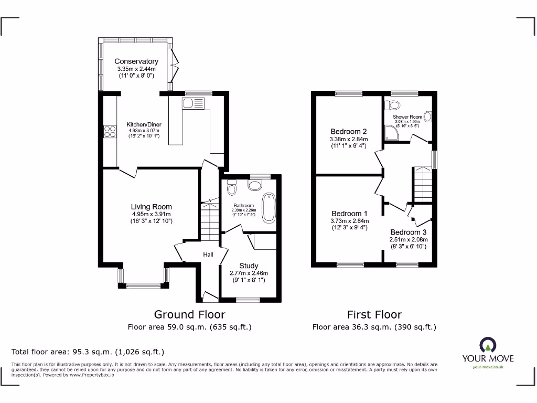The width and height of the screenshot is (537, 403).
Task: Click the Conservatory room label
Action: point(136,61)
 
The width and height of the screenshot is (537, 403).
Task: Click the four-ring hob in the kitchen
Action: point(110,131)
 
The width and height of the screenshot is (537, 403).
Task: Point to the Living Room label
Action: point(151,207)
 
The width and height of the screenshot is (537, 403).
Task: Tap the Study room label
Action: point(249,266)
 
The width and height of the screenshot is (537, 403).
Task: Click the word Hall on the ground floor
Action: point(208,254)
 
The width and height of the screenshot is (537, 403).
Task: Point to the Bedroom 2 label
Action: point(348,131)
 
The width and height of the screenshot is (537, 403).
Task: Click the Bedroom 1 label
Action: point(349,214)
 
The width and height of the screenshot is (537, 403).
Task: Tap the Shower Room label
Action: point(407,117)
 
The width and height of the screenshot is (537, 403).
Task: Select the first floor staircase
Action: point(423,184)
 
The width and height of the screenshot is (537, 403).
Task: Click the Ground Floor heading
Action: point(189,314)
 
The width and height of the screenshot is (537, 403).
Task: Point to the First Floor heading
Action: point(374,314)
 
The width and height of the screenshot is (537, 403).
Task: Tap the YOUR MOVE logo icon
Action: point(488,345)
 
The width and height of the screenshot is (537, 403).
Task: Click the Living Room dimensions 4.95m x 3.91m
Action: point(151,214)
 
